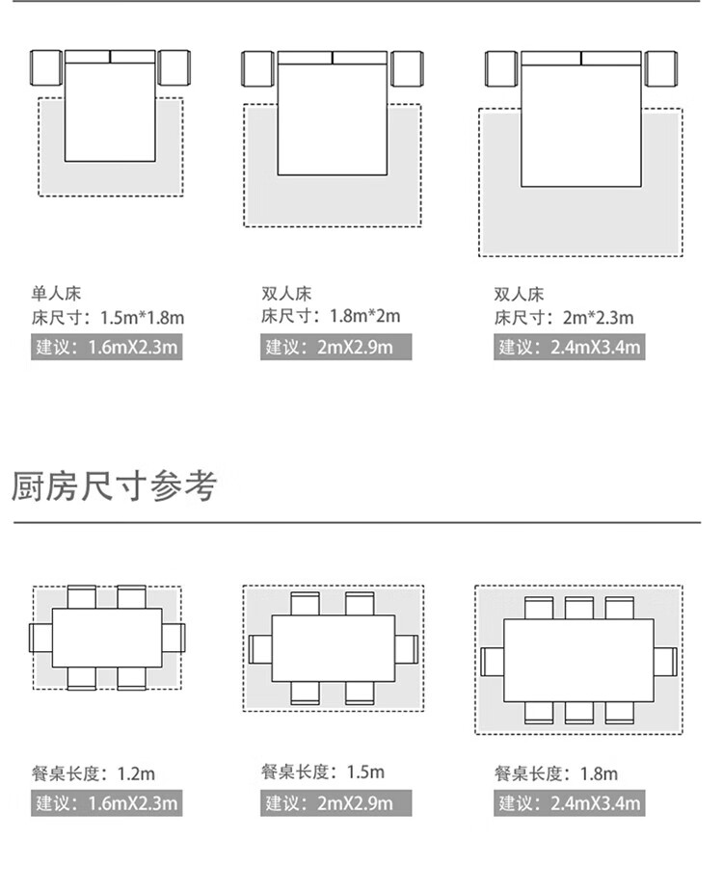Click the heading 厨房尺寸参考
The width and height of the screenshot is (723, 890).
(x=115, y=486)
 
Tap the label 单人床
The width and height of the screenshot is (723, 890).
(x=50, y=293)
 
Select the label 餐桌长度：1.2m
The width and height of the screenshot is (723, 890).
(x=93, y=773)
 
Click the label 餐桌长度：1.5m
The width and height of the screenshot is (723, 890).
(x=322, y=772)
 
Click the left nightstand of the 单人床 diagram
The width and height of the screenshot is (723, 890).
(x=46, y=68)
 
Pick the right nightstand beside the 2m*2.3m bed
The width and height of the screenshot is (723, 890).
(x=661, y=68)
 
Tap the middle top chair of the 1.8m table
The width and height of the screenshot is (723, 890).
(x=578, y=608)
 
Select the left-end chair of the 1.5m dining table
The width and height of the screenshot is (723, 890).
(x=261, y=648)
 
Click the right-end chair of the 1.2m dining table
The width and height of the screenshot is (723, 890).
(x=173, y=638)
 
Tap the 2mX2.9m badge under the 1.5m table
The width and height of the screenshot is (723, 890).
(x=336, y=803)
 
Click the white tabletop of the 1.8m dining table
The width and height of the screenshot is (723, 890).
(x=578, y=660)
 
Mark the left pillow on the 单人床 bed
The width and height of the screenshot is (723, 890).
(x=88, y=57)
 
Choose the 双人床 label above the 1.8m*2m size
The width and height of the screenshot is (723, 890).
(x=285, y=293)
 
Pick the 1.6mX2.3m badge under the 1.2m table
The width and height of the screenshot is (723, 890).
(x=106, y=803)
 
